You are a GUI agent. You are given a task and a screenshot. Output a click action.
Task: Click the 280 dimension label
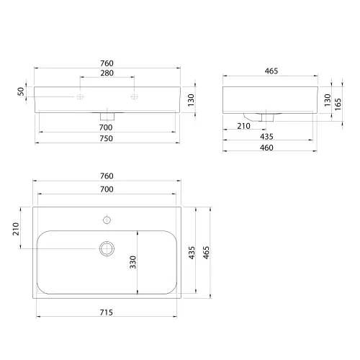click(107, 73)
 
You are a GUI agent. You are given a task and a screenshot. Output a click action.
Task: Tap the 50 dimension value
click(21, 91)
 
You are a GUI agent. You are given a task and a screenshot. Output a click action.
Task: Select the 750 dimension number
click(106, 138)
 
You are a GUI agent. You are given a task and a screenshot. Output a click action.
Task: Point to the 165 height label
click(338, 104)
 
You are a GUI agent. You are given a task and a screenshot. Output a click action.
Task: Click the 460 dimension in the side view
click(266, 148)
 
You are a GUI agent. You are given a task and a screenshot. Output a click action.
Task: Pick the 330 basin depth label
click(132, 262)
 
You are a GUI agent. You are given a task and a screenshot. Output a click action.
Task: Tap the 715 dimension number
click(106, 312)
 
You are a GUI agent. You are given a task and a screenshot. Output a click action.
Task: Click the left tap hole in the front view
click(80, 96)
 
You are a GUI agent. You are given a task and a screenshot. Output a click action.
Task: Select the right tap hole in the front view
click(135, 96)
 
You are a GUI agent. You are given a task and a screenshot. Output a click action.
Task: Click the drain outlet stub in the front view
click(107, 116)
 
